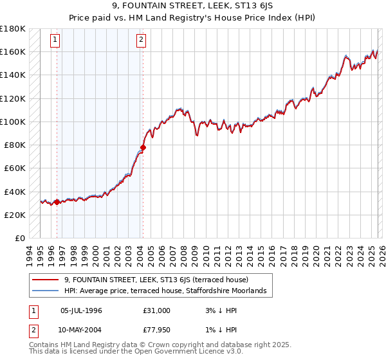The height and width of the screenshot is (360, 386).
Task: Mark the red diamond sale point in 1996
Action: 57,202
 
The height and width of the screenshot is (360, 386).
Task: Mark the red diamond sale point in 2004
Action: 143,147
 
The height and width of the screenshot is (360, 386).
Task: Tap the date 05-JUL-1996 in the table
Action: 81,310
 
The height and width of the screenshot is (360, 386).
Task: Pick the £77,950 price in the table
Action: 157,332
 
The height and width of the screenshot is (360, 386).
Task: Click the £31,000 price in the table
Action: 157,310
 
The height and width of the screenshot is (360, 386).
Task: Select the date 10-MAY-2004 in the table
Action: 81,332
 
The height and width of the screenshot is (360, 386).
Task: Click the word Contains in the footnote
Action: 45,346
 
